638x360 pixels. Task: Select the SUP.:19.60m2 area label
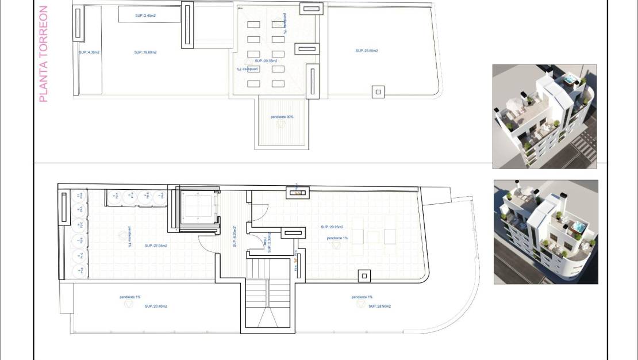coord(145,52)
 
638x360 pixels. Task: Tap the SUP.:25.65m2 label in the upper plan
coord(367,51)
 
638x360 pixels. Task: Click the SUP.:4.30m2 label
coord(89,52)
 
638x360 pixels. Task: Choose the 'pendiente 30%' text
coord(282,117)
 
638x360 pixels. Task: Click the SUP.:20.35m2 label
coord(266,60)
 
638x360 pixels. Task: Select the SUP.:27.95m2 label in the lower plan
coord(156,246)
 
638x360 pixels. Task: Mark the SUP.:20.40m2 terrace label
coord(156,307)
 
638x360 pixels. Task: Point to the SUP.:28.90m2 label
coord(380,307)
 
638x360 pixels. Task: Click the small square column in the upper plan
coord(378,91)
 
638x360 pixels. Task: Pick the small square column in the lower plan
coord(364,276)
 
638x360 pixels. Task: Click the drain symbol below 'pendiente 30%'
coord(281,124)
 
